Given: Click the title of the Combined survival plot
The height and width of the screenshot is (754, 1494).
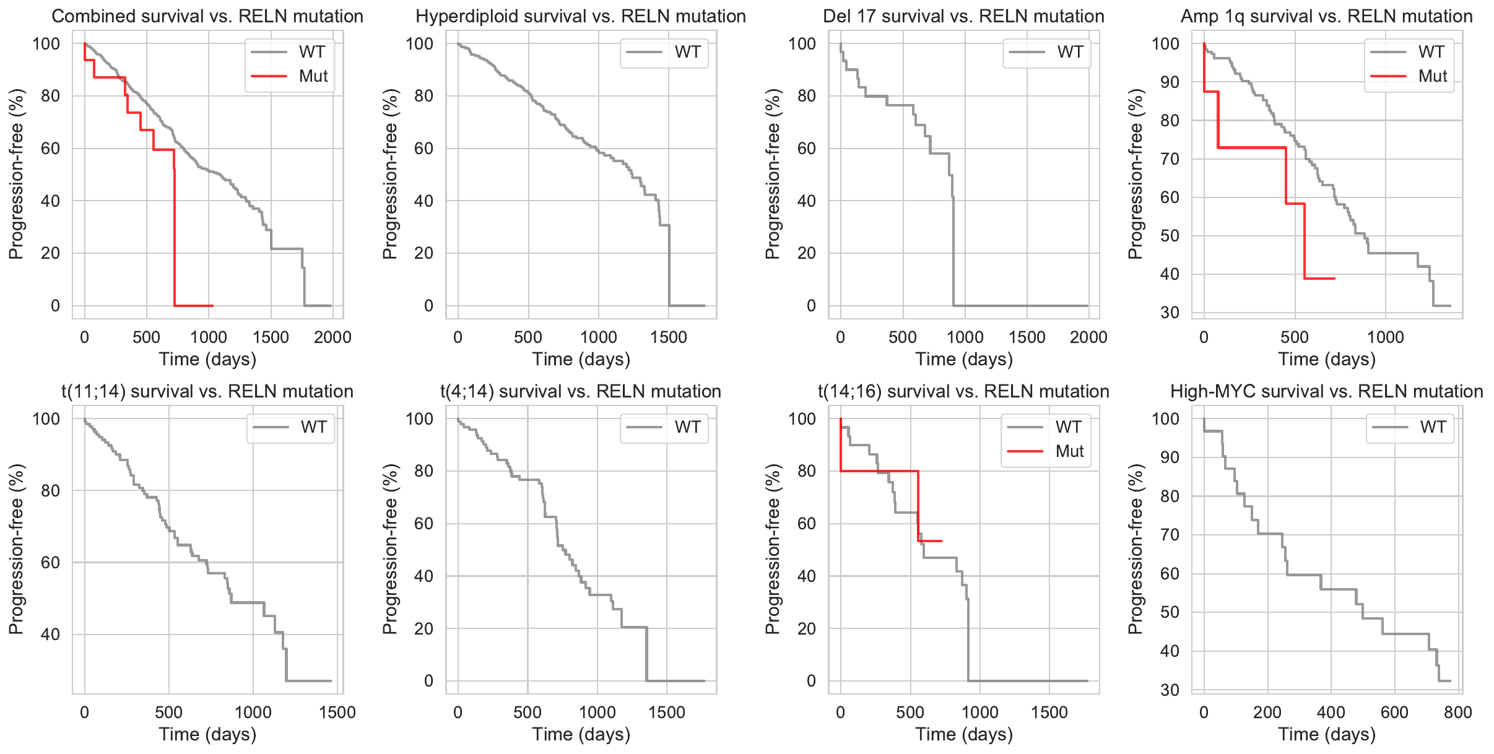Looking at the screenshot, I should click(x=207, y=16).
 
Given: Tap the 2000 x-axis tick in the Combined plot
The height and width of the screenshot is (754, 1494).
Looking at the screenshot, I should click(x=332, y=337).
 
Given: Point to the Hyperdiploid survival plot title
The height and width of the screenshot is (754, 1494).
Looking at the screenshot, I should click(x=581, y=16).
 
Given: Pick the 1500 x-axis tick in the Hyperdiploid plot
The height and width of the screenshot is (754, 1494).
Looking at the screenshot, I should click(x=669, y=337).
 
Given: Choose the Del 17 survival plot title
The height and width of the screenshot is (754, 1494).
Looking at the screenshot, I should click(x=963, y=16).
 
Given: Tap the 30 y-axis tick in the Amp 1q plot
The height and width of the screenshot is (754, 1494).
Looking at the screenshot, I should click(x=1170, y=313).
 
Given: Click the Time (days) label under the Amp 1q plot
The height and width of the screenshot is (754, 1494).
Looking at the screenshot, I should click(x=1327, y=359).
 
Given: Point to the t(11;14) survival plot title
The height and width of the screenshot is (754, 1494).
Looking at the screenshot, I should click(x=207, y=391).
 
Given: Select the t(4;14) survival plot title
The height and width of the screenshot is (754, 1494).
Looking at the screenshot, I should click(x=581, y=391).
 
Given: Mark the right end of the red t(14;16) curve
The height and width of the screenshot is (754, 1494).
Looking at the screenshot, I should click(x=942, y=541).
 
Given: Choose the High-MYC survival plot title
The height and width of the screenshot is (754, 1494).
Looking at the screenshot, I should click(x=1327, y=391).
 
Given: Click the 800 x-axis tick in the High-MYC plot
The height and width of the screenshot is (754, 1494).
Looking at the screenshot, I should click(x=1457, y=713).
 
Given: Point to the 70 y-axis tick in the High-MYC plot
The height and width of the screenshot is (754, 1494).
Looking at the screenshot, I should click(x=1170, y=535).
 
